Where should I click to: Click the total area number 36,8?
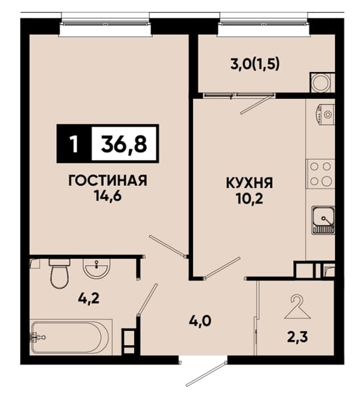click(x=124, y=144)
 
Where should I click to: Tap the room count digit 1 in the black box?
click(x=74, y=144)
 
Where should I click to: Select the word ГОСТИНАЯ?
click(x=108, y=181)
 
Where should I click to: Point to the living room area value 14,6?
click(x=108, y=196)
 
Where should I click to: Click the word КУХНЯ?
click(x=249, y=183)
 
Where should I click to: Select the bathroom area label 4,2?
click(x=89, y=299)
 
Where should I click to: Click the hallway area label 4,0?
click(x=200, y=322)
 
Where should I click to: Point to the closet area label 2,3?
click(x=298, y=337)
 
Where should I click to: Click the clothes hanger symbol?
click(x=298, y=307)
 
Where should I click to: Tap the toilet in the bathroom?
click(x=60, y=273)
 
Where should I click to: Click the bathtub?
click(x=71, y=337)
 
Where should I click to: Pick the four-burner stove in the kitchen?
click(x=321, y=174)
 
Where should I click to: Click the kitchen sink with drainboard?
click(x=323, y=221)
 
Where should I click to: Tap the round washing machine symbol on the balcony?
click(x=320, y=83)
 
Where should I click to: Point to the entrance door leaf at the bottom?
click(x=206, y=374)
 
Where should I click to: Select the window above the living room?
click(x=106, y=24)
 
